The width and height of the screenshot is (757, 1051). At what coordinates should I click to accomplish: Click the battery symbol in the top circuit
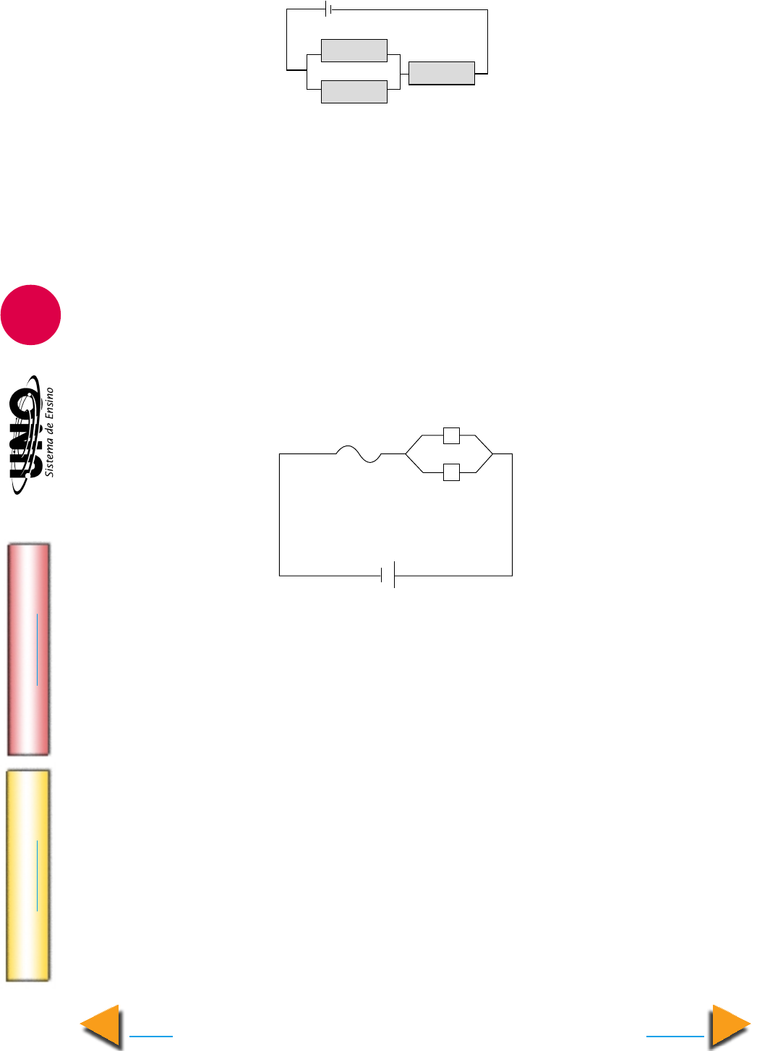click(x=328, y=9)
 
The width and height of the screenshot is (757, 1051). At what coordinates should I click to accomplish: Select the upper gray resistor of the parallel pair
click(x=354, y=51)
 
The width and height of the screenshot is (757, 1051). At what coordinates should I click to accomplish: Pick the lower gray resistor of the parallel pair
click(x=354, y=92)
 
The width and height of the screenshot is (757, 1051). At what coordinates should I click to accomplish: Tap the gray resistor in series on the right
click(x=442, y=73)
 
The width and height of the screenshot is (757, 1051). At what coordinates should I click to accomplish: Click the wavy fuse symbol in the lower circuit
click(x=359, y=454)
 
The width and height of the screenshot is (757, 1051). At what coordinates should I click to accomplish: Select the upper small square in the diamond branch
click(x=451, y=435)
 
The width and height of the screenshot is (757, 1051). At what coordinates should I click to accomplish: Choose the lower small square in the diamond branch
click(x=451, y=472)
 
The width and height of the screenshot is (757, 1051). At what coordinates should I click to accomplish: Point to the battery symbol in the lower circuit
click(x=388, y=575)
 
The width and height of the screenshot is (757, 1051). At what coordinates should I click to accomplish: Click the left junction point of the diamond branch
click(x=406, y=454)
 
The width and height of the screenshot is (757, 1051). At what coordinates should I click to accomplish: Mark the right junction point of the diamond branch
click(x=492, y=454)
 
